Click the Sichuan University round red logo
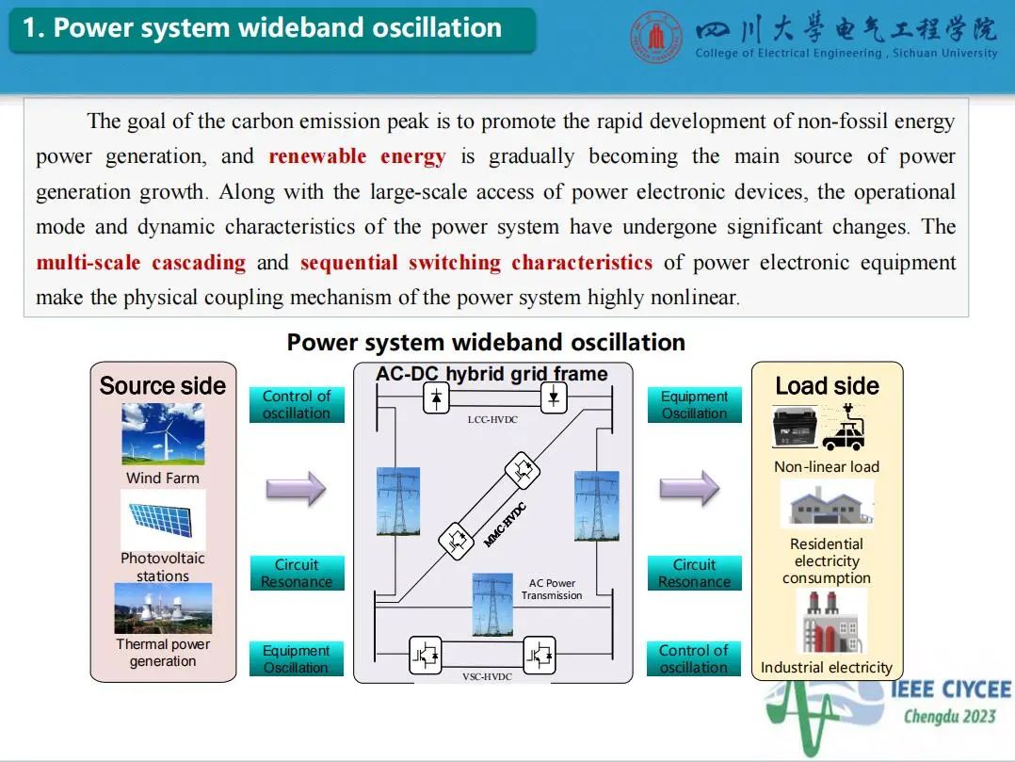click(657, 38)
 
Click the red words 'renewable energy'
click(357, 156)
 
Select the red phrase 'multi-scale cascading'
click(140, 262)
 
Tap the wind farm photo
click(163, 434)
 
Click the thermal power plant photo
click(163, 608)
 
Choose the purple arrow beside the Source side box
click(296, 488)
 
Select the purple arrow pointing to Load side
click(688, 488)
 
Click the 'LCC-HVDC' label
click(492, 419)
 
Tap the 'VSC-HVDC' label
click(487, 676)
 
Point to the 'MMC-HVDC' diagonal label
click(505, 526)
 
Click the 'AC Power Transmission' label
click(552, 590)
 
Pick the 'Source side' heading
click(163, 386)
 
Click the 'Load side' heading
click(827, 386)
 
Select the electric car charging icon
click(843, 430)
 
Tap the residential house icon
click(827, 506)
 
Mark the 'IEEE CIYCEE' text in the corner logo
click(950, 690)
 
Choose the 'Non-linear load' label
click(827, 467)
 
